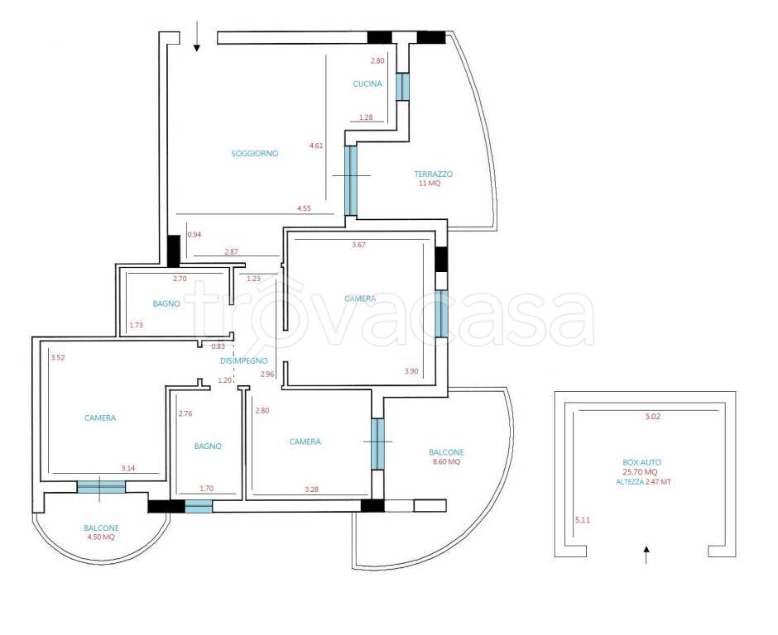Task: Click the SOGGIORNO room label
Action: pos(255,154)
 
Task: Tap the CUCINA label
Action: pos(367,84)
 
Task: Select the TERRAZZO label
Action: pos(433,174)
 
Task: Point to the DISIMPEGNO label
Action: pos(243,360)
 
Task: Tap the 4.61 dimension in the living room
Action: pos(316,146)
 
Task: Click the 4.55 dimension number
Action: pos(304,208)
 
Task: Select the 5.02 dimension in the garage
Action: pos(653,417)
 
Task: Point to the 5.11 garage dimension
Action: pos(583,520)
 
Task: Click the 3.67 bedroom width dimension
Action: pos(358,245)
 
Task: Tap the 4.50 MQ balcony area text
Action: pos(101,537)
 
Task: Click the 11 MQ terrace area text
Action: pos(430,183)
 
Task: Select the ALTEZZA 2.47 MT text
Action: pos(644,481)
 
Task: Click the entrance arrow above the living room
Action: pos(197,36)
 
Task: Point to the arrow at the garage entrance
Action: pos(646,555)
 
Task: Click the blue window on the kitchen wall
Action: pos(402,87)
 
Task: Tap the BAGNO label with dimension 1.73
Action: pos(166,304)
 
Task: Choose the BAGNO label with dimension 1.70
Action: pos(208,446)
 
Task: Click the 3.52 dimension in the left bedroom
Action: pos(58,357)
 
